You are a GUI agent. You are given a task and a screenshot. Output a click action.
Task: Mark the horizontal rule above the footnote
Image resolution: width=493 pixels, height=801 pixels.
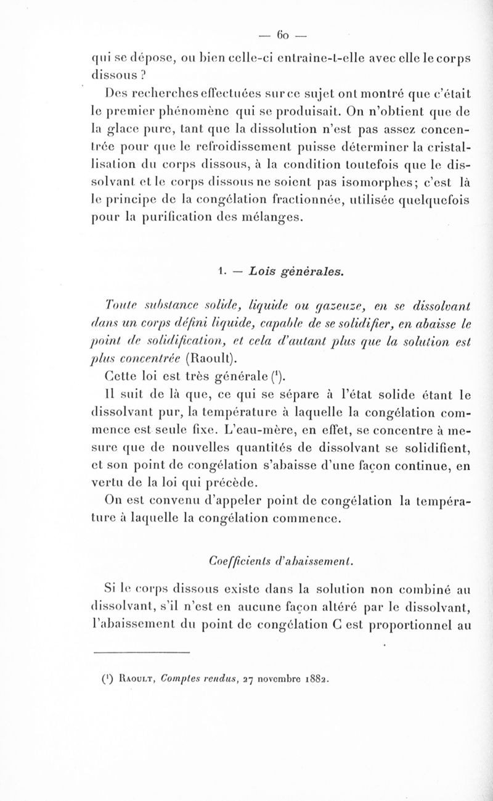[x=142, y=652]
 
